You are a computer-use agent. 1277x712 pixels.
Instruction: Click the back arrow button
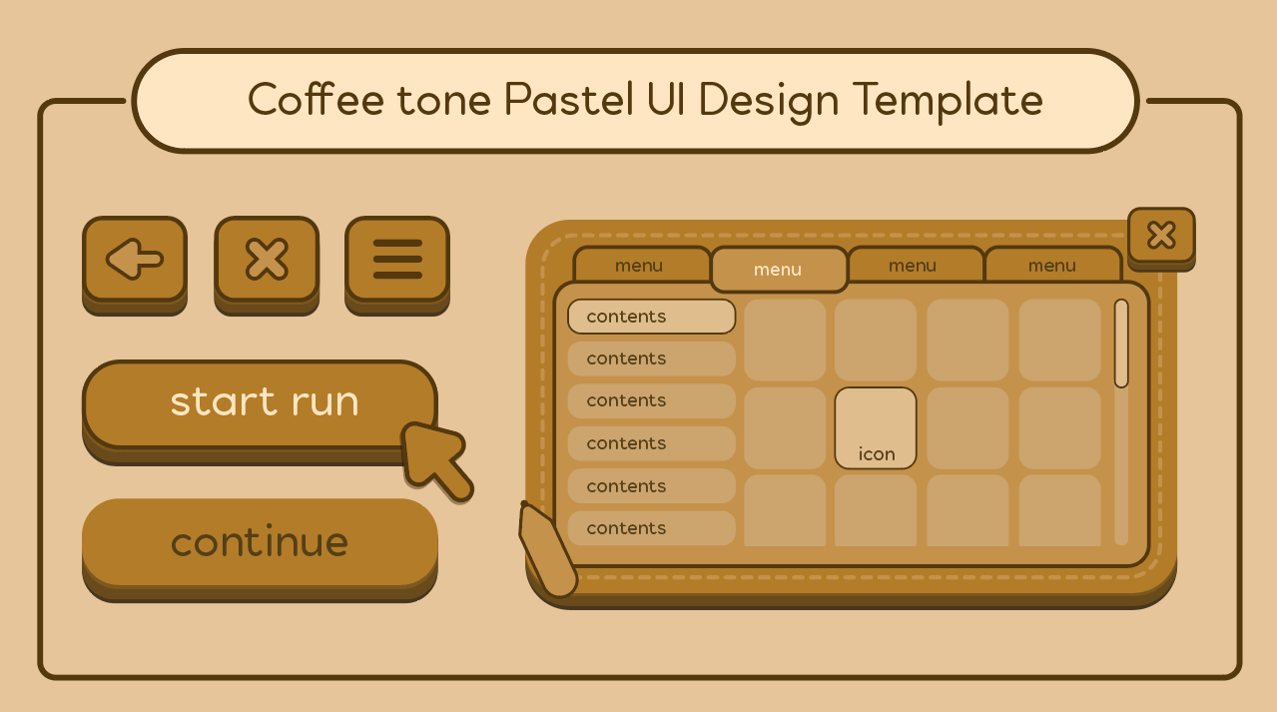point(135,265)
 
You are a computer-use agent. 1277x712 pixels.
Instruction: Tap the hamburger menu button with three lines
point(397,265)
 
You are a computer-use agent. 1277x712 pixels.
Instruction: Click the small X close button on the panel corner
point(1161,239)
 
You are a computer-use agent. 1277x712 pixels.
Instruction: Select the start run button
point(260,411)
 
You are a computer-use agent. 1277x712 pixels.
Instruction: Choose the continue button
point(260,550)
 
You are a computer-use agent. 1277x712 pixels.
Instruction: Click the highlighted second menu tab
point(779,269)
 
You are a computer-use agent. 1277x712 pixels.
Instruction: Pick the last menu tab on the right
point(1053,265)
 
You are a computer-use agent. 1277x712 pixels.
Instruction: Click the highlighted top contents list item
point(652,317)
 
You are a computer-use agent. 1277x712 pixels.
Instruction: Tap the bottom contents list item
point(652,528)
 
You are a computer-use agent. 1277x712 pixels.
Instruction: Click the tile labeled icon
point(876,428)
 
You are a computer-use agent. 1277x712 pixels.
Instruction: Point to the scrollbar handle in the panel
point(1121,344)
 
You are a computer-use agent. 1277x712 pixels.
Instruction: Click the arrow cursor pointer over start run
point(436,460)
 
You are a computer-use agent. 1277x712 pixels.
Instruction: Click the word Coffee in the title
point(316,99)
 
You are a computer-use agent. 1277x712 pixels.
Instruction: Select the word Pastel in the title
point(569,99)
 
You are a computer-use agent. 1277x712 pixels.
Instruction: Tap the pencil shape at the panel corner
point(547,550)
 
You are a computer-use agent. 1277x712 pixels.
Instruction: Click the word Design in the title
point(769,102)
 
